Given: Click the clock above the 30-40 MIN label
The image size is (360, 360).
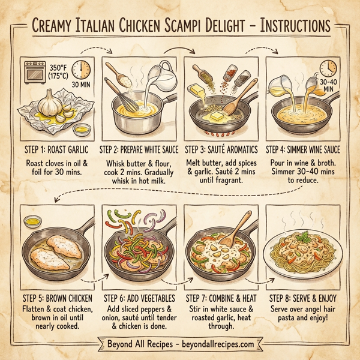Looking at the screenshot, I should [x=328, y=67].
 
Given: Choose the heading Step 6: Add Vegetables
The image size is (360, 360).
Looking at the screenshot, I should [x=139, y=298].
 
